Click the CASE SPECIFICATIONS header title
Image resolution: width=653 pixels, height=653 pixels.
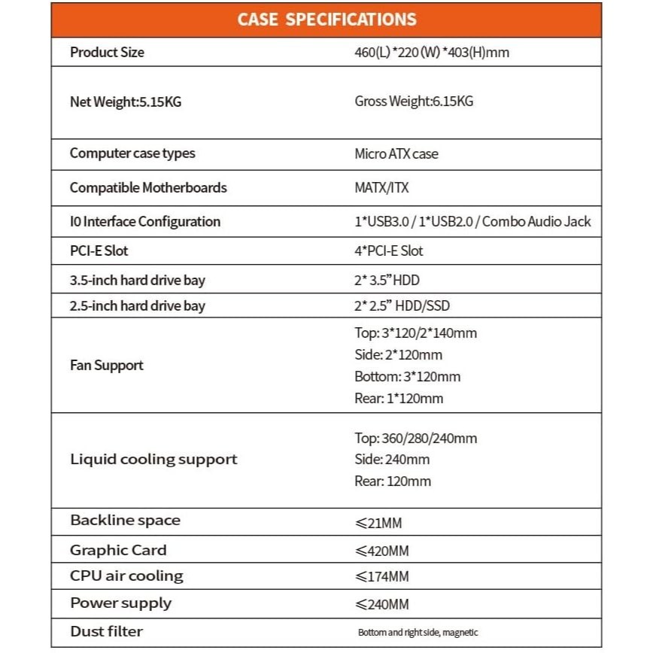[326, 20]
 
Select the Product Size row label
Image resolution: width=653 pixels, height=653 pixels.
[107, 53]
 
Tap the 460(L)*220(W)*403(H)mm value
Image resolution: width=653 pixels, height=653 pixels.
[436, 53]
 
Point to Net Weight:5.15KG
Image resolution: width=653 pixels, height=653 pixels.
[126, 102]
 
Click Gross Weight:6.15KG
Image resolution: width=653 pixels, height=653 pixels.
[414, 102]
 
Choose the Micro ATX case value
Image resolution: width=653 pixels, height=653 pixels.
[396, 153]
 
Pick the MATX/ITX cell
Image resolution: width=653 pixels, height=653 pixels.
[381, 187]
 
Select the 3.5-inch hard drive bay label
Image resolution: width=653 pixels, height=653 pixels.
[138, 281]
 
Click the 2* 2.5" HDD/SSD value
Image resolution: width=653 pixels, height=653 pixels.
[402, 305]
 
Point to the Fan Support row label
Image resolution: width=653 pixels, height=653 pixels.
[107, 366]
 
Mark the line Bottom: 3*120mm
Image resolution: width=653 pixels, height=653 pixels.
[407, 376]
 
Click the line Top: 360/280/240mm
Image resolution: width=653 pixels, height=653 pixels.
[415, 438]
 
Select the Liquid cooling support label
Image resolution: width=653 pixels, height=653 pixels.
[153, 459]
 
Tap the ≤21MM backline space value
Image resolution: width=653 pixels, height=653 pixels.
[384, 521]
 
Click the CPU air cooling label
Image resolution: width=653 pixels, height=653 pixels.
[126, 576]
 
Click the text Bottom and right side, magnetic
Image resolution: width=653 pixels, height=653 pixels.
[418, 633]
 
